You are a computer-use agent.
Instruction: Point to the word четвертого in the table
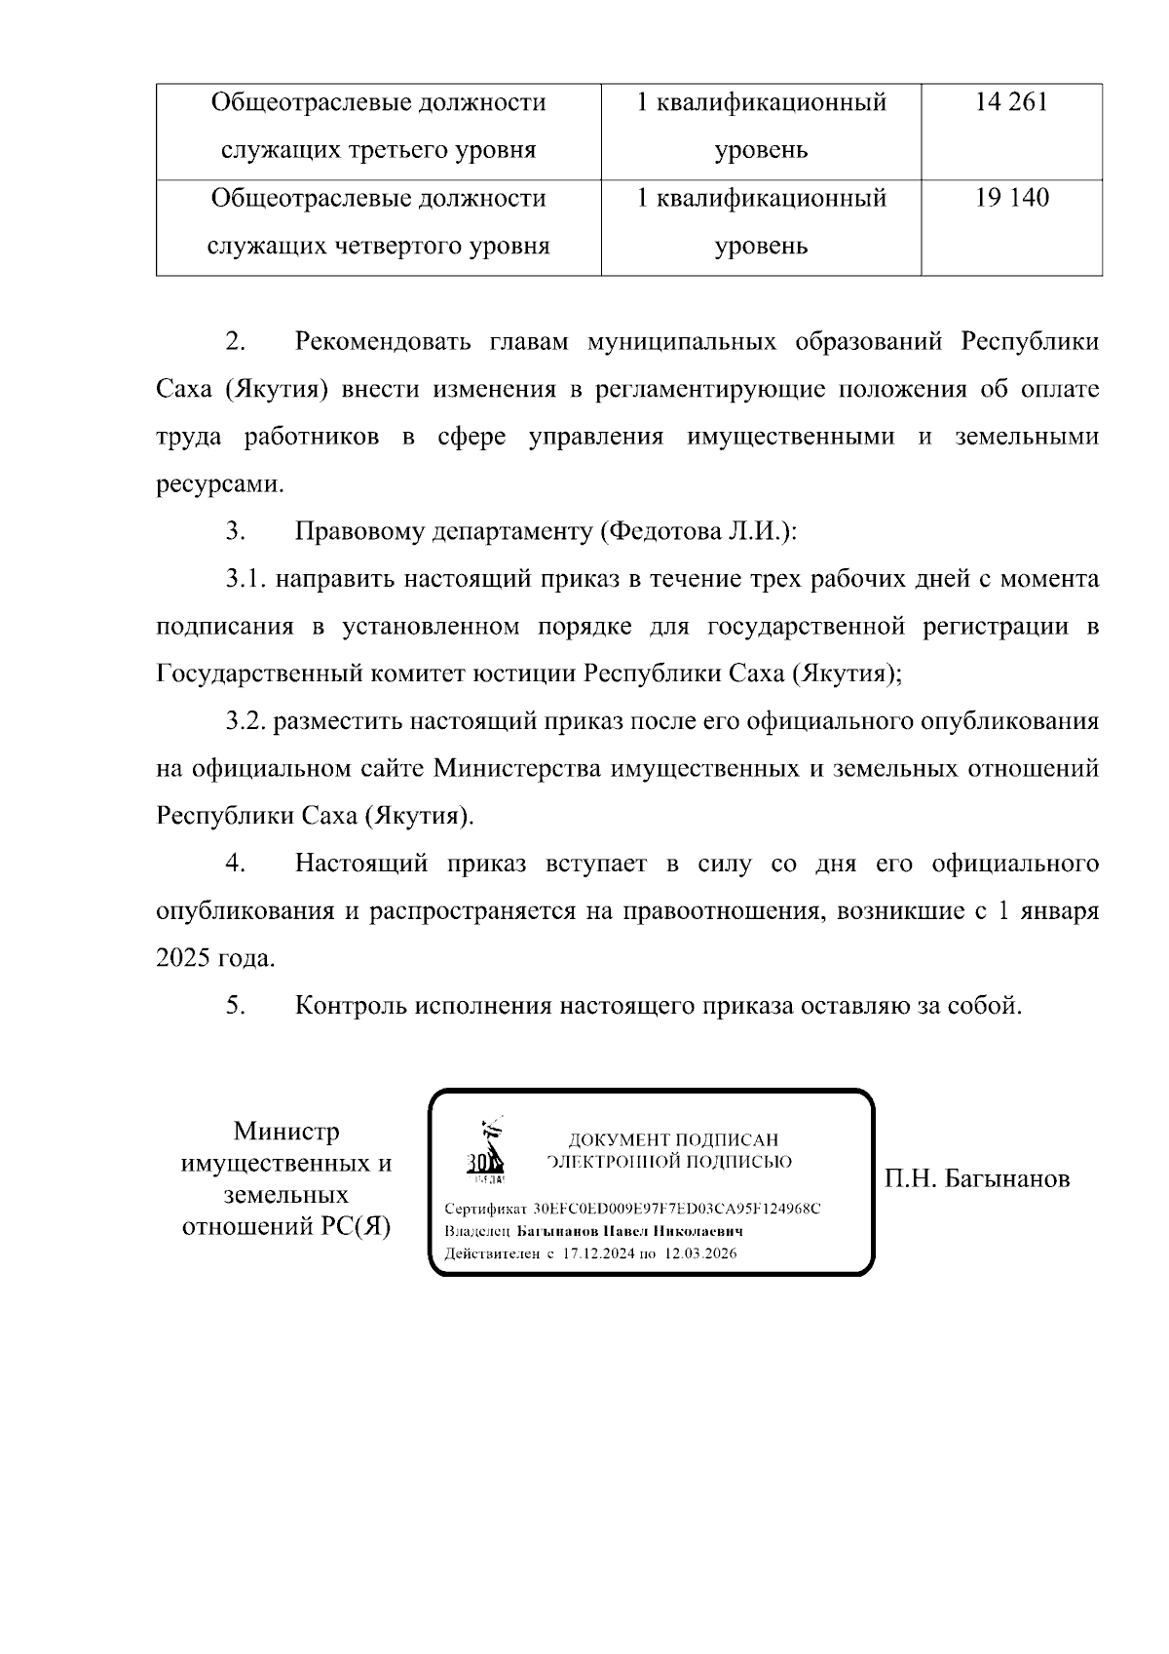click(410, 246)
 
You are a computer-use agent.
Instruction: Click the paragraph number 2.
click(235, 342)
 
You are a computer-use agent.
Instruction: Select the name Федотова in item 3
click(661, 532)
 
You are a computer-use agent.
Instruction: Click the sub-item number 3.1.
click(245, 580)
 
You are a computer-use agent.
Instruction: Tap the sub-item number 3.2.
click(245, 722)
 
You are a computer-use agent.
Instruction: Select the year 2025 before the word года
click(183, 959)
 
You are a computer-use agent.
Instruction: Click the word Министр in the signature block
click(286, 1132)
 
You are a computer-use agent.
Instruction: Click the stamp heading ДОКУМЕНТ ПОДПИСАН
click(673, 1139)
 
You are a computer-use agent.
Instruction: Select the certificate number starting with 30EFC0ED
click(677, 1209)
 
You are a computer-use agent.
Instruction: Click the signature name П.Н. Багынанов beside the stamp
click(977, 1179)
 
